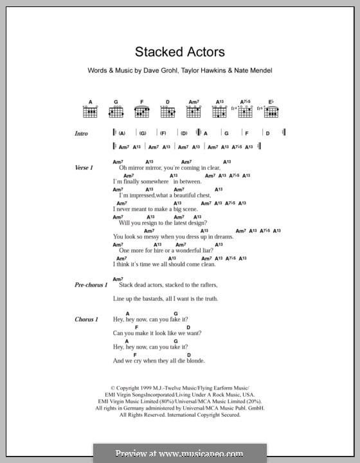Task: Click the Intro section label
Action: pyautogui.click(x=81, y=134)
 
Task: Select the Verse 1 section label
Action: pyautogui.click(x=84, y=167)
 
